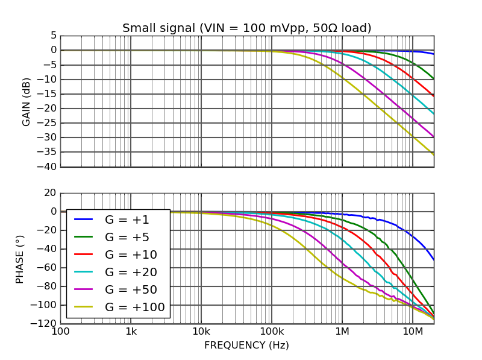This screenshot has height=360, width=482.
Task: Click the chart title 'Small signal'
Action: click(246, 28)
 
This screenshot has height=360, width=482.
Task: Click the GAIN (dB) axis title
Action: click(27, 101)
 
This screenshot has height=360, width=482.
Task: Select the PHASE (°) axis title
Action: click(20, 258)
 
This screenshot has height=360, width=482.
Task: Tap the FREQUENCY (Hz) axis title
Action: click(246, 346)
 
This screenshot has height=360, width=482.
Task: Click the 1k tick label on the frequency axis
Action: click(131, 332)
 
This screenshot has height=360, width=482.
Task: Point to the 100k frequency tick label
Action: click(272, 332)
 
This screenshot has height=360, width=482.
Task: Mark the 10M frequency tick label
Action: click(413, 332)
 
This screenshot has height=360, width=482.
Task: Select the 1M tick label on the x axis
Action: click(342, 332)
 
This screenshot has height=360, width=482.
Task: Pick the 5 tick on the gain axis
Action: click(54, 36)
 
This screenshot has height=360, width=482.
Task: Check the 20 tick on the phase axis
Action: click(50, 193)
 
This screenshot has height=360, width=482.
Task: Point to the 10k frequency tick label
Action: click(201, 332)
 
